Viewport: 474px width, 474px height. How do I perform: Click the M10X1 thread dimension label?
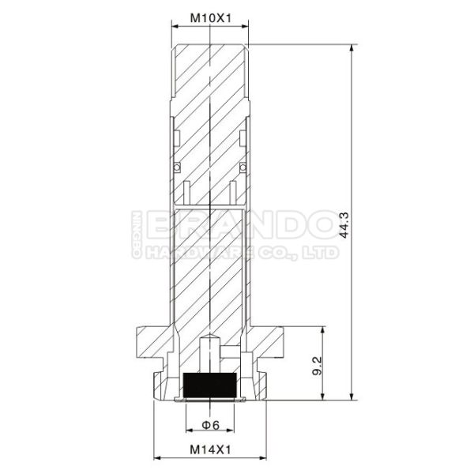coord(210,18)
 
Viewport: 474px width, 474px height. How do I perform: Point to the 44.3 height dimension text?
coord(344,225)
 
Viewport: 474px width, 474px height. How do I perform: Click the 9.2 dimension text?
coord(317,366)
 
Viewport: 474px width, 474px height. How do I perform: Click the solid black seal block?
coord(210,386)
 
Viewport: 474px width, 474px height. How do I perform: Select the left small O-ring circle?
coord(177,167)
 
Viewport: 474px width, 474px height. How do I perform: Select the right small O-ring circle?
coord(243,167)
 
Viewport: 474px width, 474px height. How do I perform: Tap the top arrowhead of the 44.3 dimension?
coord(352,48)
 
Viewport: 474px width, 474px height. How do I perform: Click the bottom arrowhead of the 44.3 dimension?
coord(352,397)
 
